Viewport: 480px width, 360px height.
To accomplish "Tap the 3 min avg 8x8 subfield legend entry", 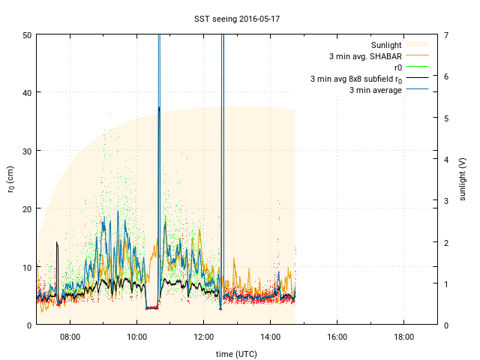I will [356, 79].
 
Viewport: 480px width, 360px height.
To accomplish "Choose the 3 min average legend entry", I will [375, 90].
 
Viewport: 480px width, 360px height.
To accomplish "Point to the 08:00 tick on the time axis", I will [70, 337].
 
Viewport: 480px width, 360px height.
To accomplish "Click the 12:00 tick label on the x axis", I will [204, 337].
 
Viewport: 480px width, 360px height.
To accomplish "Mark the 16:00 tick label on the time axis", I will [337, 337].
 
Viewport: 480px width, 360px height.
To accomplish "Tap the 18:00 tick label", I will [404, 337].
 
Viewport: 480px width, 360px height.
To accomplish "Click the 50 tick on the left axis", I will [26, 34].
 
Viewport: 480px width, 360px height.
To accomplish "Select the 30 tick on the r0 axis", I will [26, 151].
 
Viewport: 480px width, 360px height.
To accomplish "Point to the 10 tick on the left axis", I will [26, 267].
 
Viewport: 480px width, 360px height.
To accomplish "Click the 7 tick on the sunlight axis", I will [445, 34].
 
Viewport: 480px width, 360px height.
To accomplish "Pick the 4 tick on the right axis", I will [445, 159].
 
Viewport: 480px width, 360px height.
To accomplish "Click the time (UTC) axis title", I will [237, 352].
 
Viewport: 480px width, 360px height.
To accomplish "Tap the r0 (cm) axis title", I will [10, 179].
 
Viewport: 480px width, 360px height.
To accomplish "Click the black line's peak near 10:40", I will [159, 107].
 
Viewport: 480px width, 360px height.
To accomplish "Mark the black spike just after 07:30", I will [57, 242].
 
